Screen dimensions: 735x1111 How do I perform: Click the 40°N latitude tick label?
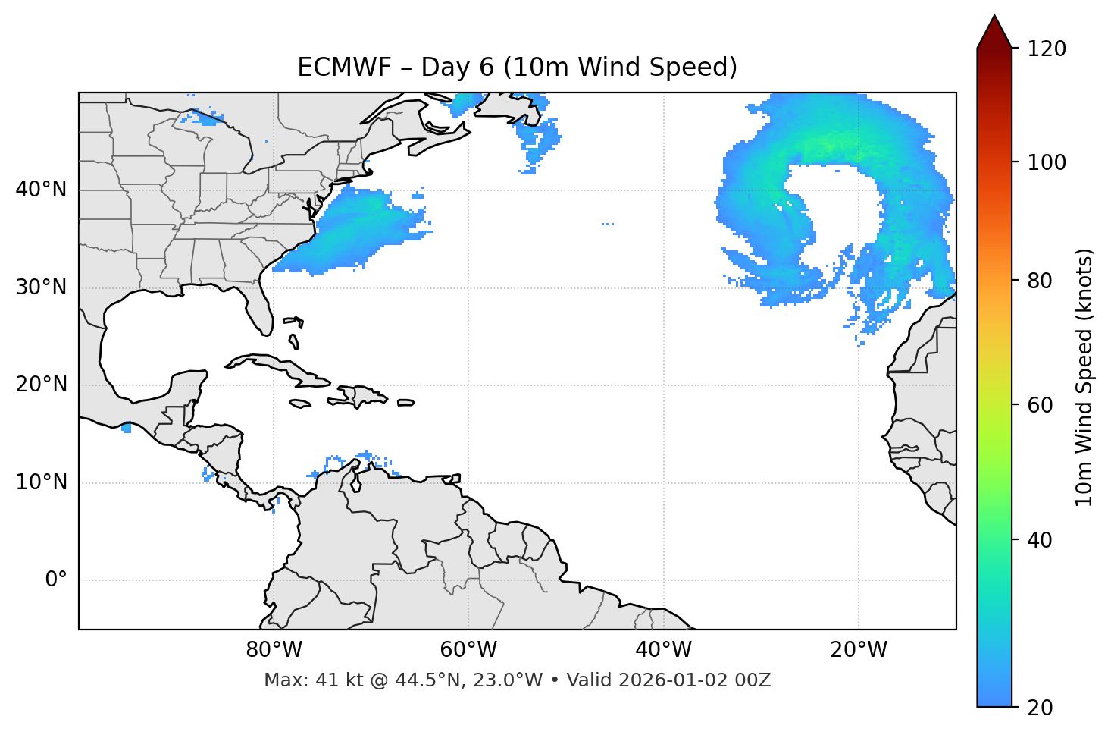click(x=41, y=190)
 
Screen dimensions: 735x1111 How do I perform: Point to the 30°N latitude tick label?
click(x=41, y=287)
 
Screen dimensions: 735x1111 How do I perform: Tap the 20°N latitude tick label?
click(x=41, y=385)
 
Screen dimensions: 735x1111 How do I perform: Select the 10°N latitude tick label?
click(x=41, y=482)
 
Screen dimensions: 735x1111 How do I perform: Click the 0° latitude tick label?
click(x=56, y=580)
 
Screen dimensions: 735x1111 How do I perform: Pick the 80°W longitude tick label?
click(x=274, y=650)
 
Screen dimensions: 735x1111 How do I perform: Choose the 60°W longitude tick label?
click(x=468, y=650)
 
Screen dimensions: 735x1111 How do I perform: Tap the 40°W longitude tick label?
click(x=663, y=650)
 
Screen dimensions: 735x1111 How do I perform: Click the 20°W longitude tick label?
click(x=858, y=650)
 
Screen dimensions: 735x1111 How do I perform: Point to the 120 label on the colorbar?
click(x=1047, y=49)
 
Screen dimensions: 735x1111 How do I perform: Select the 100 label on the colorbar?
click(x=1047, y=162)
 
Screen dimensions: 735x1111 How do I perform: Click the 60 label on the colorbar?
click(x=1041, y=405)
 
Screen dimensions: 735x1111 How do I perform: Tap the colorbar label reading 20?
click(x=1041, y=708)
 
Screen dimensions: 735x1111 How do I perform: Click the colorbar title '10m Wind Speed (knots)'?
click(x=1084, y=377)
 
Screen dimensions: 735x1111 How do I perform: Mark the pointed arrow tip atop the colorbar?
click(x=994, y=17)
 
